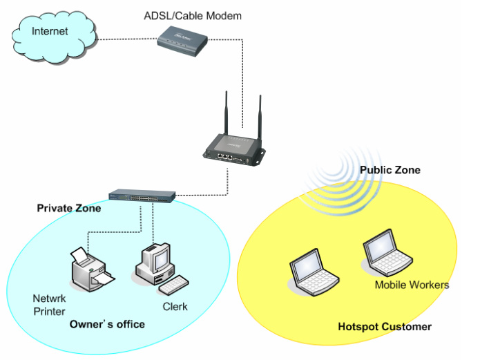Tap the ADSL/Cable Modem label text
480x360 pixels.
click(193, 15)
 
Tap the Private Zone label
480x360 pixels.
click(68, 208)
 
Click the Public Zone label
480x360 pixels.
click(390, 170)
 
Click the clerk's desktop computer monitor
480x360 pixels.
click(153, 260)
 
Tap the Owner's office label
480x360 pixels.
click(107, 324)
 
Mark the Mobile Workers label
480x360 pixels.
click(412, 285)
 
